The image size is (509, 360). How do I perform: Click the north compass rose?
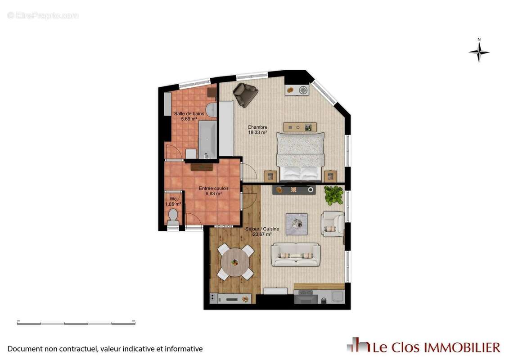(479, 52)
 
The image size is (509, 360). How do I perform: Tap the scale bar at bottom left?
(76, 323)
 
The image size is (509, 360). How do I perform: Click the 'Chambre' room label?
(257, 127)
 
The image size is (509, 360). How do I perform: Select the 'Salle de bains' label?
(189, 113)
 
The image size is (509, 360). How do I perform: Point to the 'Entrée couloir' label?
(213, 188)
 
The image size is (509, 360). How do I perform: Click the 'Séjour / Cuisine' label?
(262, 229)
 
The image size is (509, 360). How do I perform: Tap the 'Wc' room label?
(173, 199)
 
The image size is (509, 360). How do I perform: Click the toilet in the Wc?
(173, 217)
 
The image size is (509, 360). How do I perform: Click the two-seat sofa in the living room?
(296, 255)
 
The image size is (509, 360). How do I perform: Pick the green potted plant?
(333, 195)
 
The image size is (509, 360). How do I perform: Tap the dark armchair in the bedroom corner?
(245, 94)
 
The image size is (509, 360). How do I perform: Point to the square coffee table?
(297, 224)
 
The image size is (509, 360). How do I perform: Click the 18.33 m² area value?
(257, 133)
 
